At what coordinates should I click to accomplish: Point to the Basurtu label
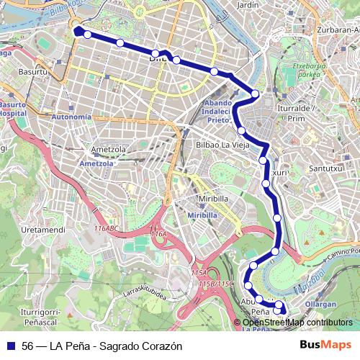point(32,71)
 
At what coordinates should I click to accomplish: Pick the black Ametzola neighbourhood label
point(104,150)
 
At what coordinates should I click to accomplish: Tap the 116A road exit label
point(158,234)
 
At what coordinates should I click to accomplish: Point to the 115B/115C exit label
point(216,284)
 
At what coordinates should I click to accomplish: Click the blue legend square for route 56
point(10,346)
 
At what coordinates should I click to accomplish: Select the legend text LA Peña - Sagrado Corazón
point(120,346)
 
